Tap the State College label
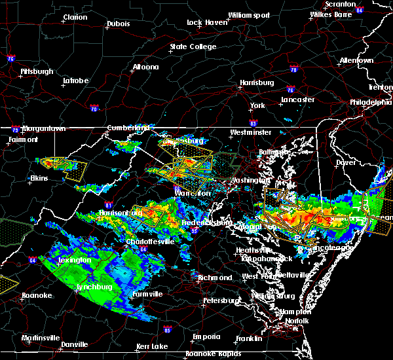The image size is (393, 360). point(193,47)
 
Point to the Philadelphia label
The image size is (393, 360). point(370,102)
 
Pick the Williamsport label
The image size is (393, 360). point(248,14)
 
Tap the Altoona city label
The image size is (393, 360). point(145,67)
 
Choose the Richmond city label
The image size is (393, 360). point(215,278)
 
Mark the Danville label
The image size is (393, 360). point(75,344)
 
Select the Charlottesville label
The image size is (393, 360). point(150,242)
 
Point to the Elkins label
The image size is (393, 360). point(41,178)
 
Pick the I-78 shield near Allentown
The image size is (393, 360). point(293,69)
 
